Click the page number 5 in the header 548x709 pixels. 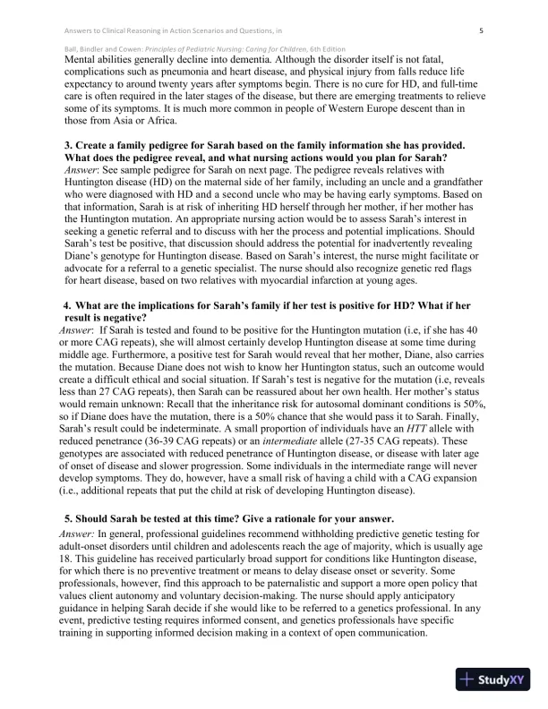(x=481, y=30)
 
